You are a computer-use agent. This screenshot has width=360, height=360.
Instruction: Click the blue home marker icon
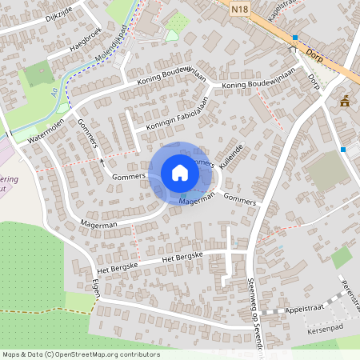pos(179,173)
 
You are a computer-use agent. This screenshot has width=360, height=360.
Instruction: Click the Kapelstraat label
pos(290,13)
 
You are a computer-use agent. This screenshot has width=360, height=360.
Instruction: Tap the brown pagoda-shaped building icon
pos(345,101)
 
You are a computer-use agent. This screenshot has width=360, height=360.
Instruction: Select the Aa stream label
pos(55,93)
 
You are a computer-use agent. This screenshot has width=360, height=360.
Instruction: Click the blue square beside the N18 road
pos(294,38)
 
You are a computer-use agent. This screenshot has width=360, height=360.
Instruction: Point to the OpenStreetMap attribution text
pos(80,354)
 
